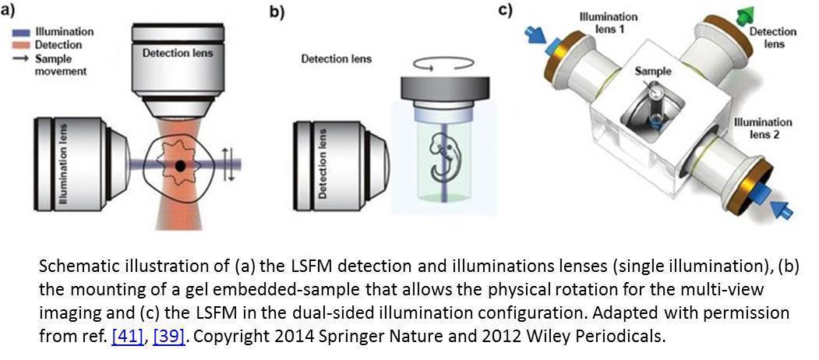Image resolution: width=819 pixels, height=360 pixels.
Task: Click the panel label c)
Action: (507, 10)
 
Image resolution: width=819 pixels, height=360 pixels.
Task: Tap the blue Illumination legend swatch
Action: (21, 32)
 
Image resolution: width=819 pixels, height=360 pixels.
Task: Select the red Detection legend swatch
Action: (21, 45)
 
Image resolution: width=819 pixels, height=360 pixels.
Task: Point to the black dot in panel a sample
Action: (180, 165)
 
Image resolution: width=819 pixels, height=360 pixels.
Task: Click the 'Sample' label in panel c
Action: (653, 70)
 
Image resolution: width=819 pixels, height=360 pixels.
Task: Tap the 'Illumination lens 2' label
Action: (763, 129)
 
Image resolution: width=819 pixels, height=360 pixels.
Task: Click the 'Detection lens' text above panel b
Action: (336, 58)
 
